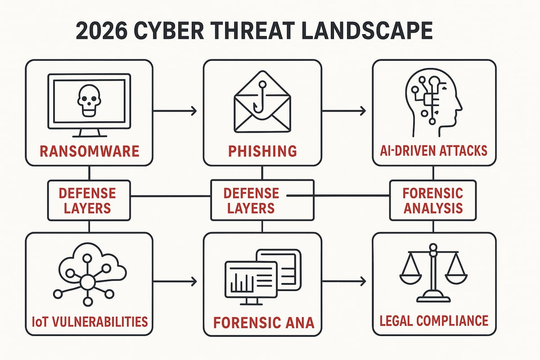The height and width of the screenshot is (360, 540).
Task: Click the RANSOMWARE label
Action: click(x=89, y=150)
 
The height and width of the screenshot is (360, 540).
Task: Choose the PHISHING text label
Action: click(x=262, y=150)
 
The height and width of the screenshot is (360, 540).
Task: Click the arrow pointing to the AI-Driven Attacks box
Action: click(x=344, y=111)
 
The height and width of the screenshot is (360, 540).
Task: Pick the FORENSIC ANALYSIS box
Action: click(x=433, y=200)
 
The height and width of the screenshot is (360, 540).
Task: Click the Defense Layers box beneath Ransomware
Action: click(x=89, y=201)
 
